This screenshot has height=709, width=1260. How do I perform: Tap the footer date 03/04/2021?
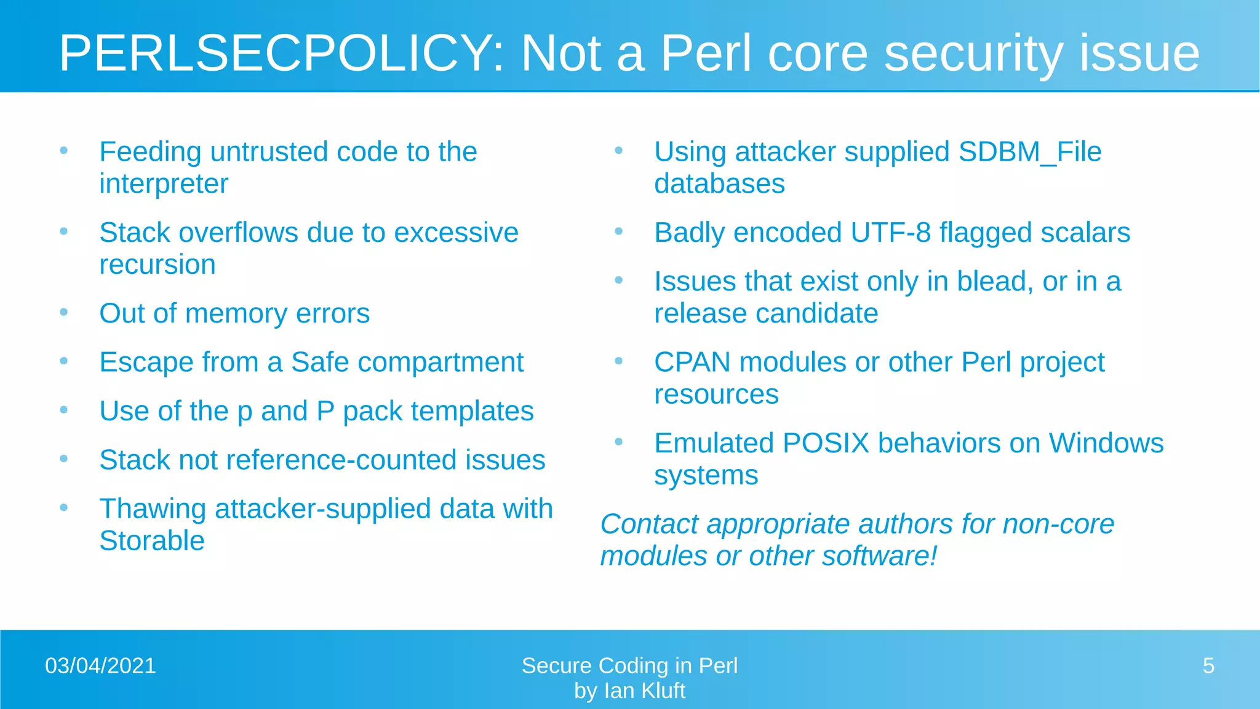100,666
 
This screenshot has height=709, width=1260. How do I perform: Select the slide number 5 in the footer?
1208,666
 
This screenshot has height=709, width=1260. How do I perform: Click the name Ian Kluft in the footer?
644,691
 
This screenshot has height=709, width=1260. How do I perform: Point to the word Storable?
152,541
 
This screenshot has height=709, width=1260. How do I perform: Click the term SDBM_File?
1030,152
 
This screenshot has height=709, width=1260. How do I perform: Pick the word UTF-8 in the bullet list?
891,233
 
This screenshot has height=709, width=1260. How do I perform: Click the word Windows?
1106,444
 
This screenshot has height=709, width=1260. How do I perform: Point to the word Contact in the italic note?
649,525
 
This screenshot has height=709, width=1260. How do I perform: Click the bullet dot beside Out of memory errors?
64,312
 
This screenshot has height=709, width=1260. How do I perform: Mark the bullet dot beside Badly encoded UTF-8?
619,231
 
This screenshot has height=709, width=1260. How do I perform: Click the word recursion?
157,265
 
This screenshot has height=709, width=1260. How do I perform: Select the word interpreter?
164,184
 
